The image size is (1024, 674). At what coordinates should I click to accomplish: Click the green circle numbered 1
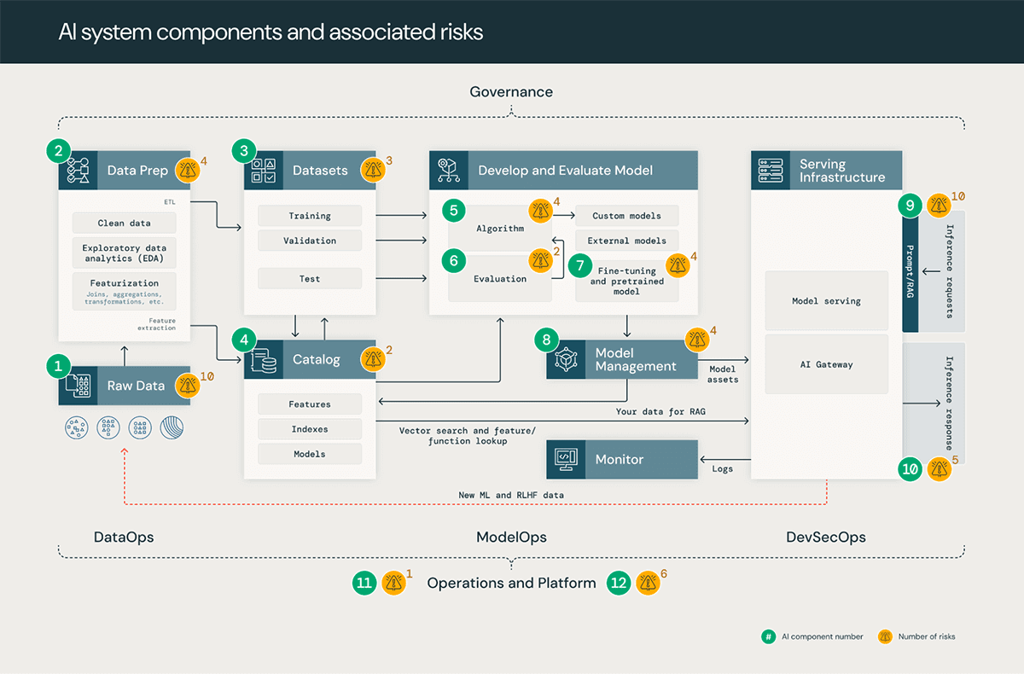coord(58,367)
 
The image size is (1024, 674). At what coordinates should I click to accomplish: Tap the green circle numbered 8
coord(547,340)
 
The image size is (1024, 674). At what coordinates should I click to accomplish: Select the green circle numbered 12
coord(620,583)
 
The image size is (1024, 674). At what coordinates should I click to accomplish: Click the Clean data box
coord(124,223)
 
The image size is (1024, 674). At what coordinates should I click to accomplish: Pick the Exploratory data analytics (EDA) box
coord(124,253)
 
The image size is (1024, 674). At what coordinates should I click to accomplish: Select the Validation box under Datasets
coord(310,241)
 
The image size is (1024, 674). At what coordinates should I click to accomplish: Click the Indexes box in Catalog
coord(310,429)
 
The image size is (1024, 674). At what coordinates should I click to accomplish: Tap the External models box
coord(626,241)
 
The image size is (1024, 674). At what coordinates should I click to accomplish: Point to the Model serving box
coord(826,301)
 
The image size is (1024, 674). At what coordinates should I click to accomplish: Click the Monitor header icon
coord(565,459)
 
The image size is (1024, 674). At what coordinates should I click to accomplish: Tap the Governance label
coord(511,92)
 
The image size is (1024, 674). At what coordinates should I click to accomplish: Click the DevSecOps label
coord(825,537)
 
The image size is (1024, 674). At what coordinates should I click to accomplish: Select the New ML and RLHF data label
coord(510,495)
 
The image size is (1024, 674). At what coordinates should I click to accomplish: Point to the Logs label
coord(723,468)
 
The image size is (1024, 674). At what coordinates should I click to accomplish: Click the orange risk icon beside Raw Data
coord(188,386)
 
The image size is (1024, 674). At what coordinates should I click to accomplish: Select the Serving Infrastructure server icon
coord(770,170)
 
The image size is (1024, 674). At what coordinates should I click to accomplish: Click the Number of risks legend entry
coord(927,636)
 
